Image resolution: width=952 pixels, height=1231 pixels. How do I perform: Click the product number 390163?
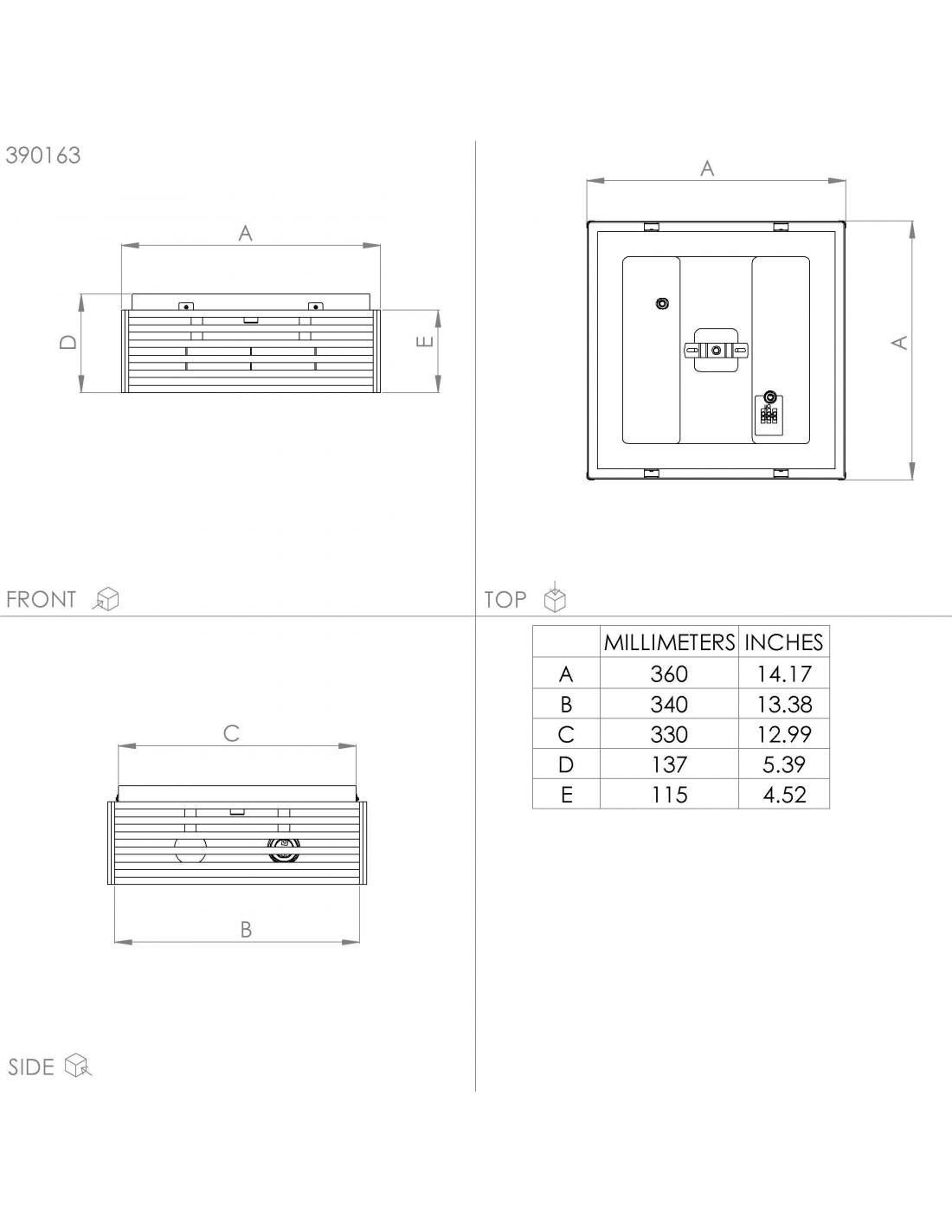pyautogui.click(x=43, y=155)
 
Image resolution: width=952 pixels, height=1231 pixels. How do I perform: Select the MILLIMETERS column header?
pyautogui.click(x=669, y=642)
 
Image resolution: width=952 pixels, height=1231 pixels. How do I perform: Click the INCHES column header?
pyautogui.click(x=783, y=642)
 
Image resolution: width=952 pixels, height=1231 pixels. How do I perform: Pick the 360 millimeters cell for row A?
pyautogui.click(x=669, y=674)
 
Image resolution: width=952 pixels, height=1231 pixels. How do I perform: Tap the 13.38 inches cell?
pyautogui.click(x=784, y=704)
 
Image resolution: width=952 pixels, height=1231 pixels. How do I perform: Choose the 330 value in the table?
pyautogui.click(x=669, y=734)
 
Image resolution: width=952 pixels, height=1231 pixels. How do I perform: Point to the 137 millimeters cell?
pyautogui.click(x=669, y=764)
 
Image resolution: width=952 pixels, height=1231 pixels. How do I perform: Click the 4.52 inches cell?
pyautogui.click(x=784, y=795)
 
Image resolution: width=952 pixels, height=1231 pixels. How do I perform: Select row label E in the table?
pyautogui.click(x=566, y=795)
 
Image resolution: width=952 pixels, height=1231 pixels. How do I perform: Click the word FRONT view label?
pyautogui.click(x=41, y=599)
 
